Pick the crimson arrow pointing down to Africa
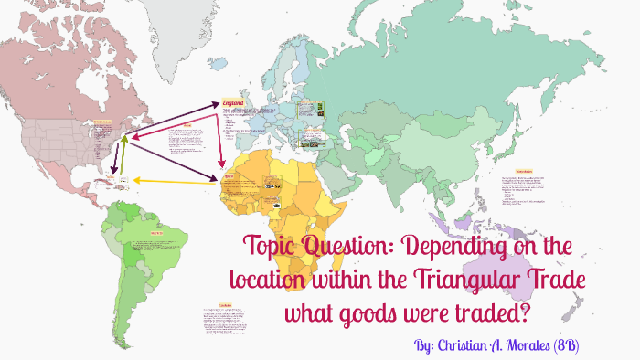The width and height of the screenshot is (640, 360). click(222, 137)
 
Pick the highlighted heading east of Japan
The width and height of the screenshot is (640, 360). click(524, 171)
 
